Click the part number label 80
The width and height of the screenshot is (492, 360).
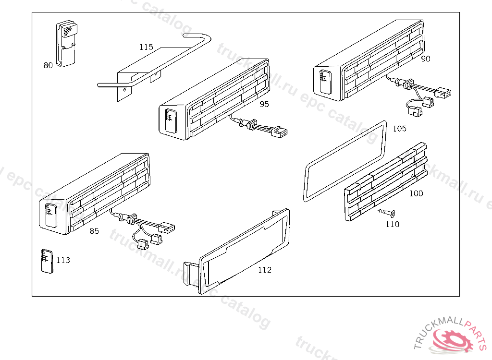coord(48,66)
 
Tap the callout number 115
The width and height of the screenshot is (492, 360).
coord(147,47)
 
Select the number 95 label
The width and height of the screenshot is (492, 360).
coord(264,104)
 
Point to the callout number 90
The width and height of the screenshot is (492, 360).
coord(426,59)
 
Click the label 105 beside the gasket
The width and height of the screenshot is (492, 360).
coord(399,129)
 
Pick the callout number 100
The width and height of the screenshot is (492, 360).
coord(416,193)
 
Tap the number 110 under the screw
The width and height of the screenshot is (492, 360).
coord(393,224)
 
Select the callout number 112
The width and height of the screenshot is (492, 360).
coord(265,270)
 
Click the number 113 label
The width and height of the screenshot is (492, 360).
coord(63,260)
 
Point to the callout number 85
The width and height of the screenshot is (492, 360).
coord(94,231)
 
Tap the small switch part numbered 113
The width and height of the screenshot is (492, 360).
coord(47,261)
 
